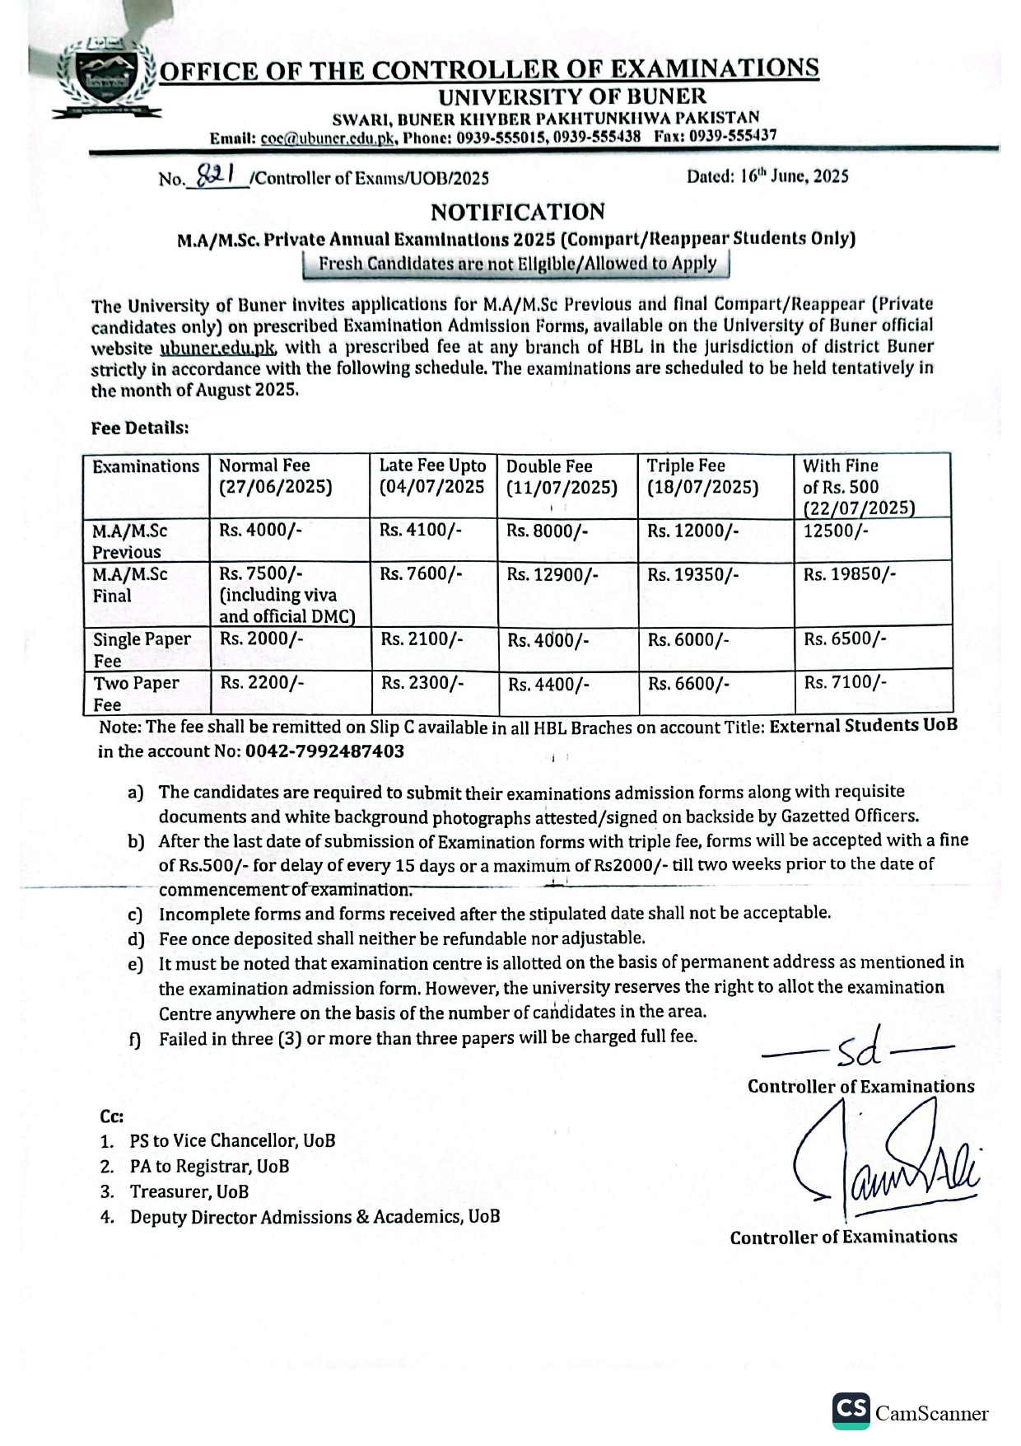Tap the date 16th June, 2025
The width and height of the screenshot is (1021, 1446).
pos(767,175)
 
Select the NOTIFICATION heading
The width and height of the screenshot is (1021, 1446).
pos(517,213)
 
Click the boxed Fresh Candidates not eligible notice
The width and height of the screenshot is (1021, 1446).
pos(517,264)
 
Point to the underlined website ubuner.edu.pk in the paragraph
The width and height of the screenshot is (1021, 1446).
pos(218,348)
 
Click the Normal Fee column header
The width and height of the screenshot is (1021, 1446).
pos(275,476)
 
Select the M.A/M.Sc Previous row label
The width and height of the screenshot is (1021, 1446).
pos(129,541)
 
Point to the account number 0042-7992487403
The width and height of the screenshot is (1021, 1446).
pos(325,751)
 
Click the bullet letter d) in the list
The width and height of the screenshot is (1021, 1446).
pos(136,939)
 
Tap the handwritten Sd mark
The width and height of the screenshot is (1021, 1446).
pos(860,1049)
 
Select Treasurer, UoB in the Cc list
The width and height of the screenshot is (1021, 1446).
pos(189,1191)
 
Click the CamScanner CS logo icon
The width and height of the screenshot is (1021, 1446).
pos(851,1411)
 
